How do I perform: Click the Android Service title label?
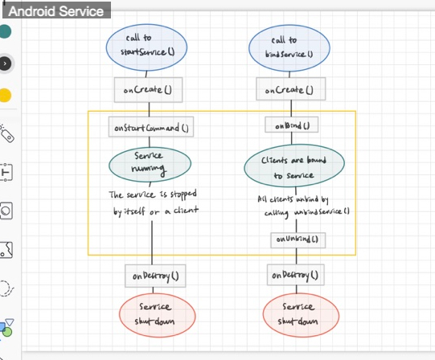(56, 10)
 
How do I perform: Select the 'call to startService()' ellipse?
(146, 47)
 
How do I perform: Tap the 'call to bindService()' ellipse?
(289, 48)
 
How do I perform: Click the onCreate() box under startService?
(149, 90)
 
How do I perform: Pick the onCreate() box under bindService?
(291, 89)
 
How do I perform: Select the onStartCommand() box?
(151, 127)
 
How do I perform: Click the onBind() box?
(292, 125)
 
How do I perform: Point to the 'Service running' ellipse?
(150, 165)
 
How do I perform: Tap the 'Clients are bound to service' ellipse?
(294, 166)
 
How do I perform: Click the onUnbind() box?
(298, 240)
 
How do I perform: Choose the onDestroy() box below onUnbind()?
(296, 275)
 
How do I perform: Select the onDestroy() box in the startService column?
(155, 276)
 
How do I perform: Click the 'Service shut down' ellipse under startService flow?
(158, 315)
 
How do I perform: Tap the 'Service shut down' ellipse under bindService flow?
(301, 315)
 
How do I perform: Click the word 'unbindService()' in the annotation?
(322, 211)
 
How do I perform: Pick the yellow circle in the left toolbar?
(5, 96)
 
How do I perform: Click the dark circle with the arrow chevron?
(5, 63)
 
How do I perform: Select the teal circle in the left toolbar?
(5, 31)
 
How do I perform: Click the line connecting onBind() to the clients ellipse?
(292, 138)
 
